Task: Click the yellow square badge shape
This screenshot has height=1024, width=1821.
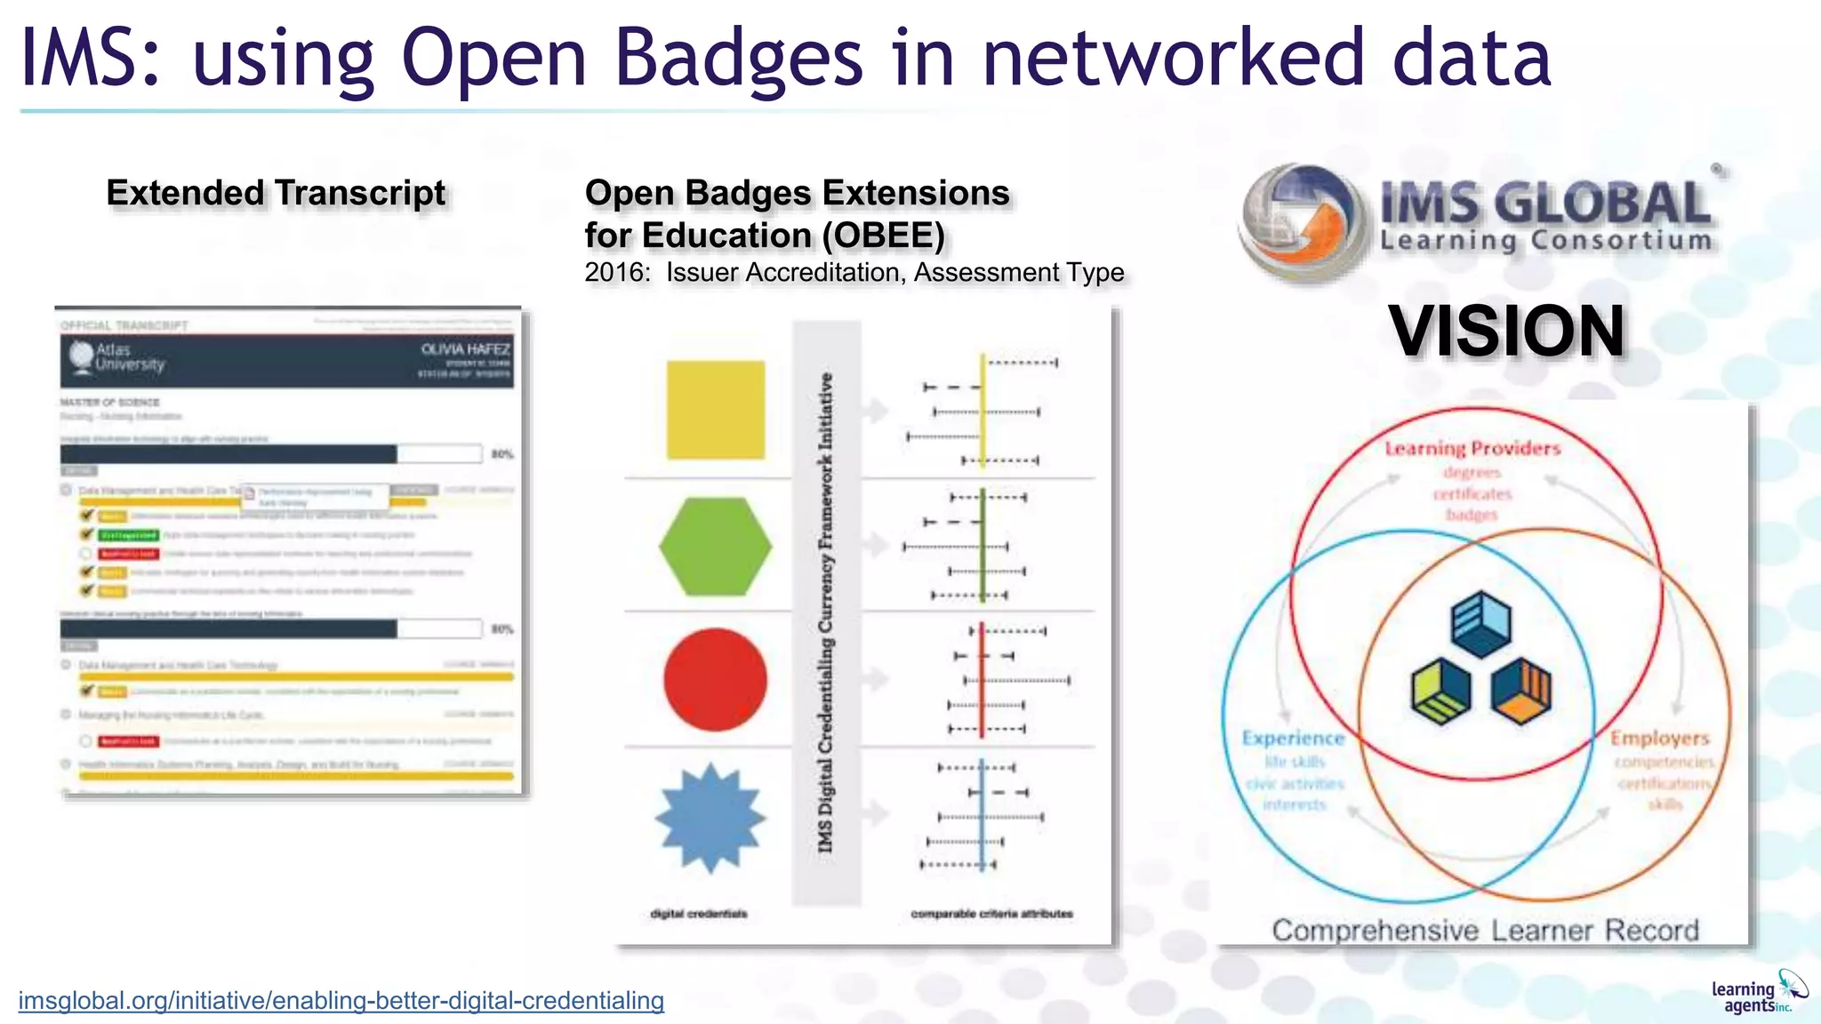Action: (715, 410)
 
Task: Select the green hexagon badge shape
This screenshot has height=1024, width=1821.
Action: (715, 546)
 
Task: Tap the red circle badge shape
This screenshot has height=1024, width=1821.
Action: (715, 679)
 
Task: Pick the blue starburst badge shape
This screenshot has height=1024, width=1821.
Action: (710, 817)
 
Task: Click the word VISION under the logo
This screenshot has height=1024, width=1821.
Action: (1507, 332)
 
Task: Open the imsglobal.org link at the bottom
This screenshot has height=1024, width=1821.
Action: (341, 1001)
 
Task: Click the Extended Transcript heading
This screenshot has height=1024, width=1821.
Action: (276, 193)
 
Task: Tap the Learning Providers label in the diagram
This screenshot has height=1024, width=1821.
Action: (1472, 449)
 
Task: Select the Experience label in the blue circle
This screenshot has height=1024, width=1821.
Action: (1293, 738)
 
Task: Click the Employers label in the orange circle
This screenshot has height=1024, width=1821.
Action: (1659, 738)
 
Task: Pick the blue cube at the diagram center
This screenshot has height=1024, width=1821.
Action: (1480, 623)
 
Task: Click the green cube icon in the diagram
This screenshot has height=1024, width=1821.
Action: (1440, 692)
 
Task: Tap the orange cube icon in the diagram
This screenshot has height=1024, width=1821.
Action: (1521, 690)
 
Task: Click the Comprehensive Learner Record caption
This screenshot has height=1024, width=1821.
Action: (1485, 931)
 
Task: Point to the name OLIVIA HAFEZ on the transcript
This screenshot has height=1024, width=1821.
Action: (465, 349)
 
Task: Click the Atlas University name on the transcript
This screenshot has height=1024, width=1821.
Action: (130, 357)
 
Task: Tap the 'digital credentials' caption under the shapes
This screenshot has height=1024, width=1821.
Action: (699, 914)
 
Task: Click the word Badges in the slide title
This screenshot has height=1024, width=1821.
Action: (738, 59)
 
